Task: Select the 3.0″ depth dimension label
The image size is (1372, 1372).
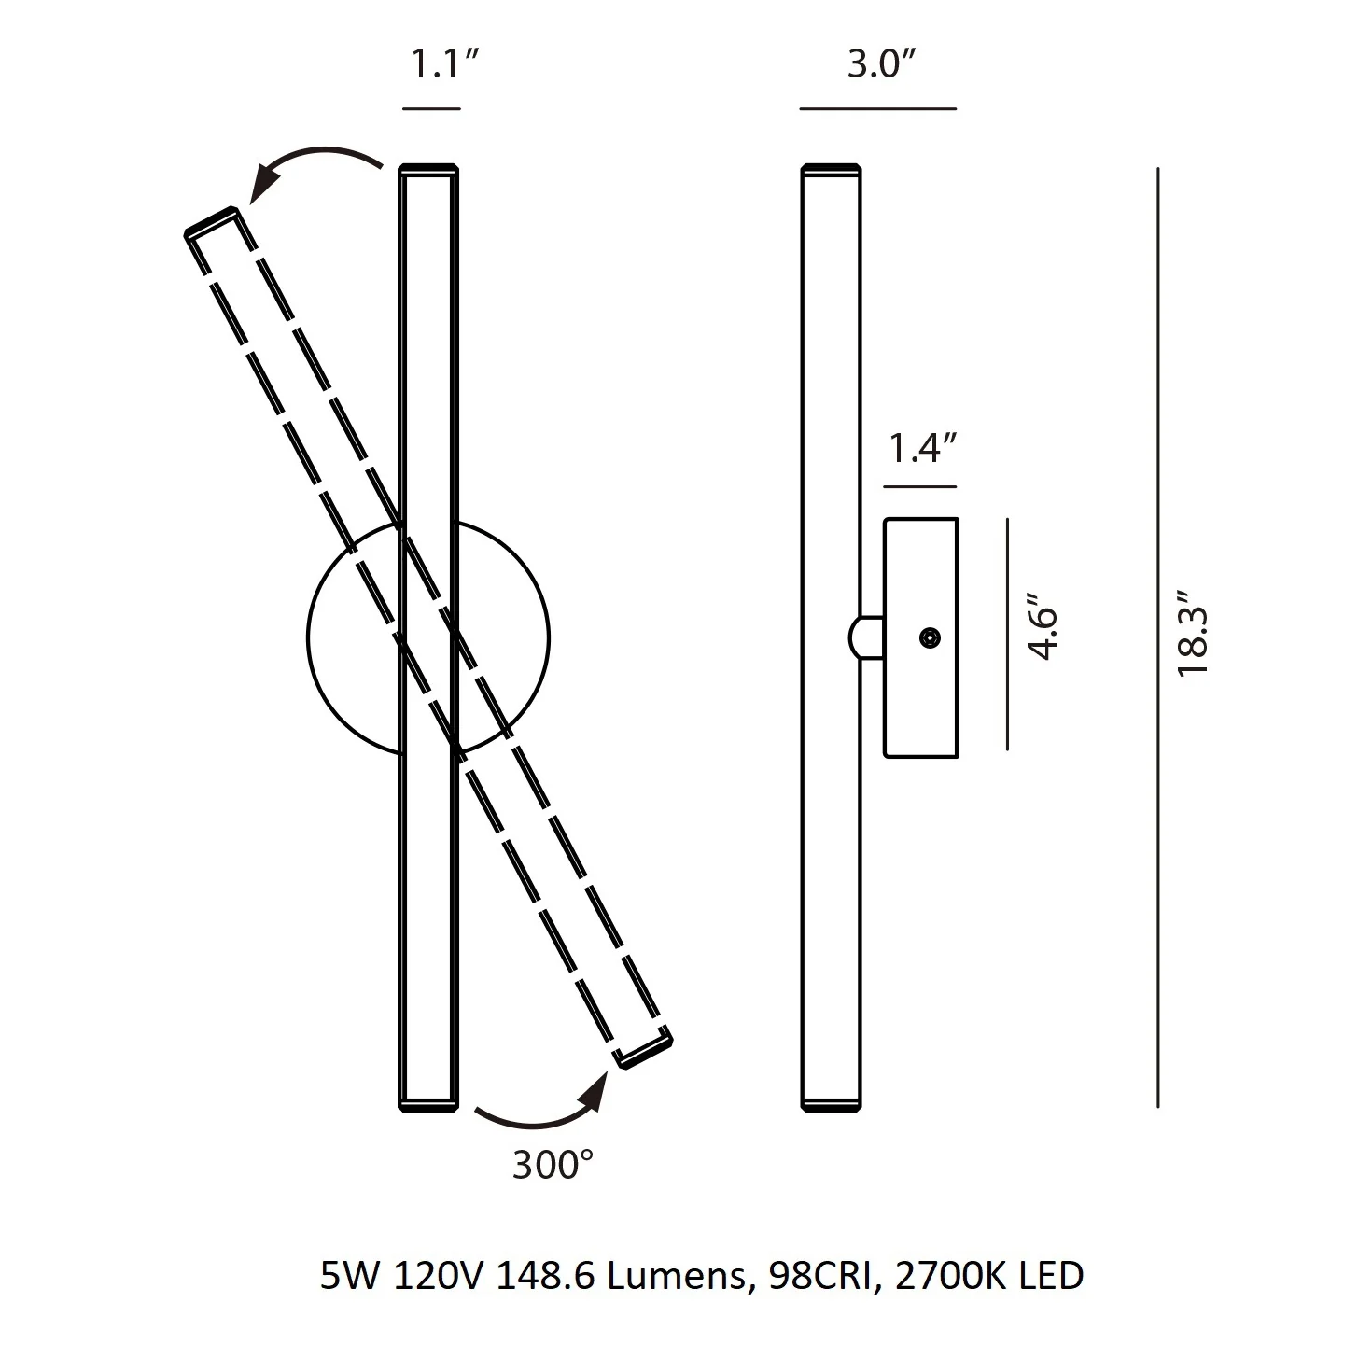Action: pos(881,64)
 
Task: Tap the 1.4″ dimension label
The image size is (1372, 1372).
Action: pos(922,449)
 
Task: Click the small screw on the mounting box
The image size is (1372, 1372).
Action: pos(930,637)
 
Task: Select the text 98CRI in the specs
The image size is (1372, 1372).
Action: pos(821,1275)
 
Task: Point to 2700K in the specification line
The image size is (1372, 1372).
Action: pos(951,1275)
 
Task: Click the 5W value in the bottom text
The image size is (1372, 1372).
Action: pos(350,1275)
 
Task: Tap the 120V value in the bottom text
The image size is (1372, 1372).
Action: pos(439,1275)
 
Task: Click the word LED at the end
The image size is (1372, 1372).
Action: pos(1051,1275)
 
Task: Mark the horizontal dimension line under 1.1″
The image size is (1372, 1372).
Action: pos(431,109)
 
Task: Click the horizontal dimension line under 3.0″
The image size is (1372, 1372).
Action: pos(878,109)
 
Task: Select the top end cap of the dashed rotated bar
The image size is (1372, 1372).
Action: pos(212,221)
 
